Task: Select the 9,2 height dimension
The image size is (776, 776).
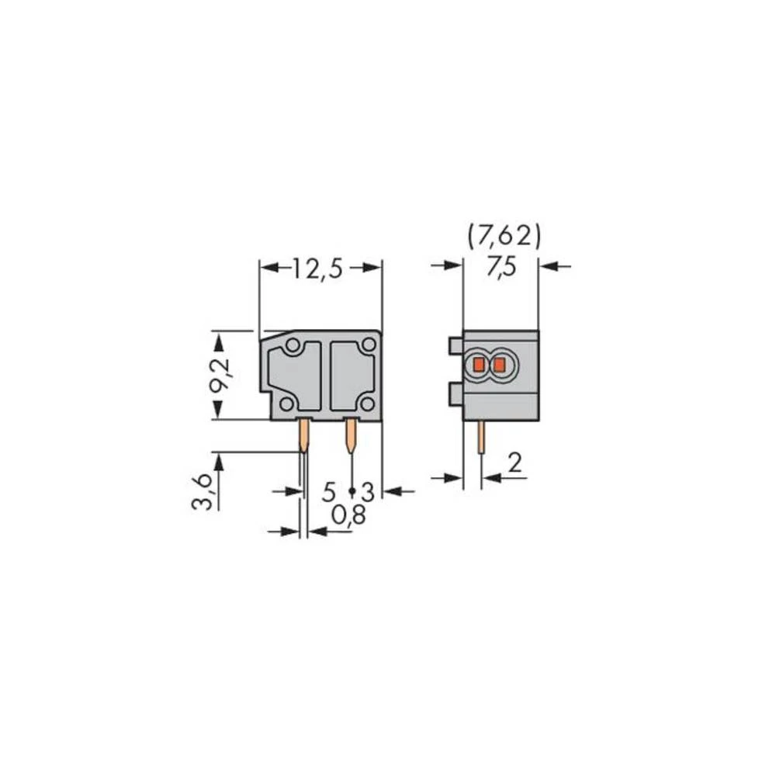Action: click(221, 376)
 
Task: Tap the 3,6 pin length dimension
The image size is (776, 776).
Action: click(201, 493)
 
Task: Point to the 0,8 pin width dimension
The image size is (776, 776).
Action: click(348, 515)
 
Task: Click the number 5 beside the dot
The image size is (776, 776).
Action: click(329, 491)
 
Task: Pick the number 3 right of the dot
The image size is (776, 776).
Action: click(367, 491)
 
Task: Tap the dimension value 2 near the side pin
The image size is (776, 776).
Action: click(514, 464)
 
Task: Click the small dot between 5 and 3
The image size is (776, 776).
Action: click(352, 491)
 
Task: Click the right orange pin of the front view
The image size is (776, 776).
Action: click(351, 435)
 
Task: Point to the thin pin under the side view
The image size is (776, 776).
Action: click(482, 440)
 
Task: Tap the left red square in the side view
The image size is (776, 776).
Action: click(479, 364)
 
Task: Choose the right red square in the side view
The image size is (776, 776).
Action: click(500, 364)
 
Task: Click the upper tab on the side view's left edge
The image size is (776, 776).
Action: click(456, 345)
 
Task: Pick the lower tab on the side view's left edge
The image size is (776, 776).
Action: click(456, 396)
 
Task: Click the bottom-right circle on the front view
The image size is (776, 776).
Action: click(365, 403)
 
